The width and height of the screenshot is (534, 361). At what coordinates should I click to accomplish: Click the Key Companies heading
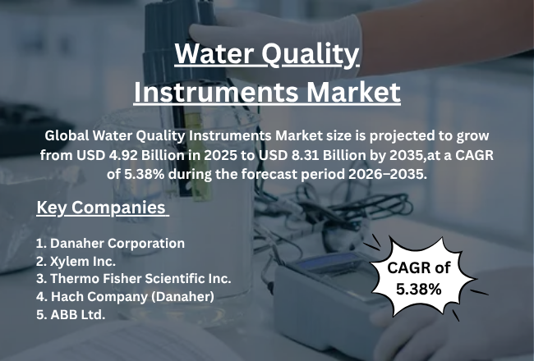pyautogui.click(x=102, y=208)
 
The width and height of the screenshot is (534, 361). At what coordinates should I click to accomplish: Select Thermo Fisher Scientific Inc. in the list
pyautogui.click(x=134, y=278)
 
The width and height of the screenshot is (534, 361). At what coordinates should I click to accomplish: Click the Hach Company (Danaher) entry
pyautogui.click(x=126, y=295)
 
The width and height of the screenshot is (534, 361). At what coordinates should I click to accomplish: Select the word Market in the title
pyautogui.click(x=349, y=91)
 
